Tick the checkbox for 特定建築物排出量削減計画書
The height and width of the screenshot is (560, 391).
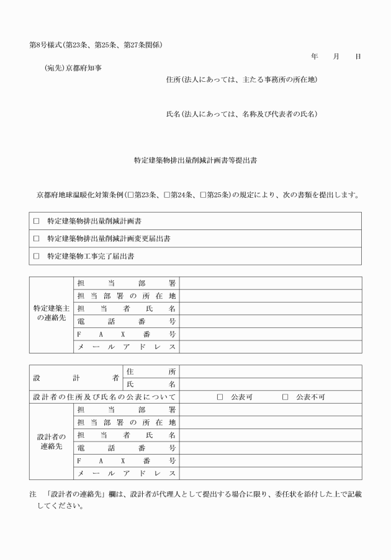(36, 221)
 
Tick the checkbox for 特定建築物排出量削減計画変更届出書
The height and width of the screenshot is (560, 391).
(36, 239)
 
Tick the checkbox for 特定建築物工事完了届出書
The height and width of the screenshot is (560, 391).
(36, 256)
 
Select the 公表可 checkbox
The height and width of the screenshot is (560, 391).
(220, 397)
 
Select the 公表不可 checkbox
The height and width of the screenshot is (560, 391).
(285, 397)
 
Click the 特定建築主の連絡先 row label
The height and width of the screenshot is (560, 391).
(51, 314)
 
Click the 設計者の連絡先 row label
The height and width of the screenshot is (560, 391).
(51, 442)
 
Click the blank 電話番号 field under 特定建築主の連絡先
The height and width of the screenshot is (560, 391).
(270, 321)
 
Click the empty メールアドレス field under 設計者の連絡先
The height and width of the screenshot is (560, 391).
(270, 474)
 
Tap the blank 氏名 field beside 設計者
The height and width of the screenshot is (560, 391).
(270, 384)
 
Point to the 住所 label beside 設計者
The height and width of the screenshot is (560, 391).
(151, 371)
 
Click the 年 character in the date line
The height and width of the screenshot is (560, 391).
(315, 56)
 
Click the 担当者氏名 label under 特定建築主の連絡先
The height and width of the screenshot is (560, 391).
(127, 308)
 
